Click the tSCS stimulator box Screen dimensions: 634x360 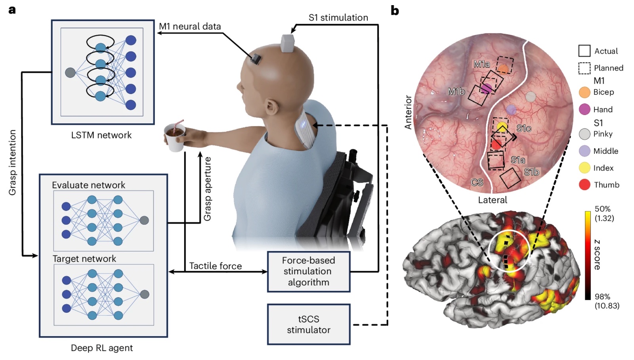[309, 324]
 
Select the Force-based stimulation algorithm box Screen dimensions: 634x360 [309, 271]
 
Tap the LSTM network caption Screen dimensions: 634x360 [101, 135]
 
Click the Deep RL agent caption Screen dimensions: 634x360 [101, 348]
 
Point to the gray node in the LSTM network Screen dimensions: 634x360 [70, 73]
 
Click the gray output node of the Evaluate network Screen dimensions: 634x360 [144, 220]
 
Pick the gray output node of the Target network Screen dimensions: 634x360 [145, 294]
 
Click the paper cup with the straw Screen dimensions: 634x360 [175, 136]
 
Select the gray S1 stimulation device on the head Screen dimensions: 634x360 [288, 43]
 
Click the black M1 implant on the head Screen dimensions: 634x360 [256, 59]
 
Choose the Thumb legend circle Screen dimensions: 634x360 [584, 185]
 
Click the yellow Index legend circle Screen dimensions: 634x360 [584, 168]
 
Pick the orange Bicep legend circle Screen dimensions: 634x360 [584, 92]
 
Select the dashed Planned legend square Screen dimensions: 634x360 [584, 68]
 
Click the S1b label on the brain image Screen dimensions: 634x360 [531, 172]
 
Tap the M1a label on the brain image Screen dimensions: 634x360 [482, 64]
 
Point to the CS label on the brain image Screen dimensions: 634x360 [477, 182]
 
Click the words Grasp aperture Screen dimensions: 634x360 [208, 189]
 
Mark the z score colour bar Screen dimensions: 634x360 [588, 255]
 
